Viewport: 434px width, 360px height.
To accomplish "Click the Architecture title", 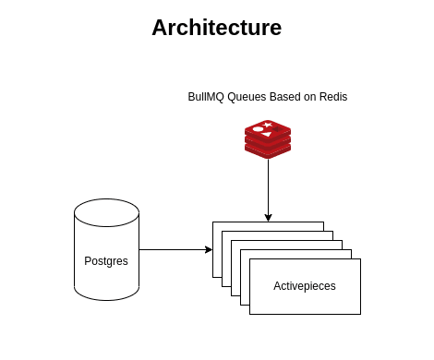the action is (x=217, y=28).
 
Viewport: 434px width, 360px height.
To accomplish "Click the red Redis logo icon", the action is (x=268, y=139).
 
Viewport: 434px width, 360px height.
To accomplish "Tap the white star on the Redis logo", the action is (x=268, y=125).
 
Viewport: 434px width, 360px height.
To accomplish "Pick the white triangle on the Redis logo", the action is (x=267, y=134).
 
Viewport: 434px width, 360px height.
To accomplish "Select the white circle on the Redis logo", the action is (x=258, y=129).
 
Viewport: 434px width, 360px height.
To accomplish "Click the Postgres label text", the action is (x=106, y=261).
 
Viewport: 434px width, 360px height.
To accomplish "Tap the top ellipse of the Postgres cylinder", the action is (x=107, y=212).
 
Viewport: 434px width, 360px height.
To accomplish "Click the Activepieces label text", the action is (x=305, y=286).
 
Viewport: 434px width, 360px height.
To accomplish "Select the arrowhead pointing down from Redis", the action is (x=268, y=218).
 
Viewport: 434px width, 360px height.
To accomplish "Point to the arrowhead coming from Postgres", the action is (x=209, y=249).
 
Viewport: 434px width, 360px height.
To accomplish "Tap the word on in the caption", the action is (x=310, y=97).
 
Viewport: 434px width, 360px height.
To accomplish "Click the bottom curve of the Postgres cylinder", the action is (x=107, y=300).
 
